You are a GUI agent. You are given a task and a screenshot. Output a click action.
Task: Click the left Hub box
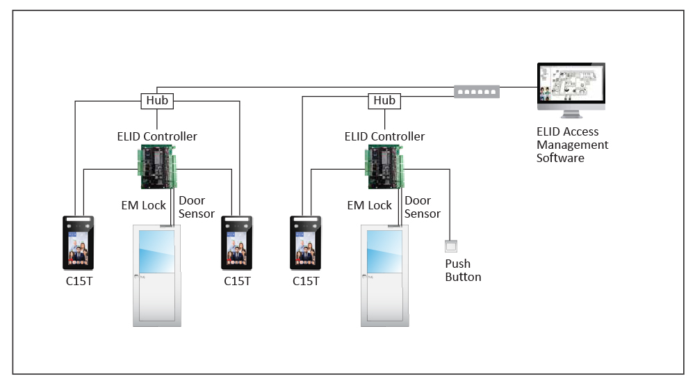(157, 101)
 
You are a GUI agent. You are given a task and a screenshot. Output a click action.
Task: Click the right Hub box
(384, 101)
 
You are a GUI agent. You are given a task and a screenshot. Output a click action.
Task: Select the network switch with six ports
(476, 90)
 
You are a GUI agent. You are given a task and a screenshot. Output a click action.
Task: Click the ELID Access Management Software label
(572, 145)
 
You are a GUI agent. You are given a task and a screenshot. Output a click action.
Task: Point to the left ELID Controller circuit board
(158, 167)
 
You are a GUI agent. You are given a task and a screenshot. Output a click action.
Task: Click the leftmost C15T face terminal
(79, 243)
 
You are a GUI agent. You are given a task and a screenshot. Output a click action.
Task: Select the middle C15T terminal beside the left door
(237, 243)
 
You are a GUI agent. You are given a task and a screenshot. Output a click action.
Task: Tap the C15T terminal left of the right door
(306, 243)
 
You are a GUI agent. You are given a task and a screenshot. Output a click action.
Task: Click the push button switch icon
(451, 246)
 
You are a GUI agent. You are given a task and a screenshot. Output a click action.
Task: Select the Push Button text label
(463, 271)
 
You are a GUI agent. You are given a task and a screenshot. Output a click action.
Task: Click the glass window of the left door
(156, 250)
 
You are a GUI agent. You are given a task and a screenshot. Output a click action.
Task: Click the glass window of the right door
(384, 250)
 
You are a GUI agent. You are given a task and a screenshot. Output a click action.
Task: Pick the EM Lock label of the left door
(144, 205)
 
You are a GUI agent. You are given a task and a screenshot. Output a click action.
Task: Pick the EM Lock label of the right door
(370, 205)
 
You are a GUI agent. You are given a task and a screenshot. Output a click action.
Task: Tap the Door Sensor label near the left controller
(197, 207)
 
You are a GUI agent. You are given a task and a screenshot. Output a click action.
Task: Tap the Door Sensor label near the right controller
(423, 207)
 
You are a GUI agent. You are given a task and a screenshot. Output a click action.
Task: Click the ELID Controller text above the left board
(157, 137)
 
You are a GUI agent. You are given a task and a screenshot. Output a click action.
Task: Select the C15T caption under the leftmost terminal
(79, 281)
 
